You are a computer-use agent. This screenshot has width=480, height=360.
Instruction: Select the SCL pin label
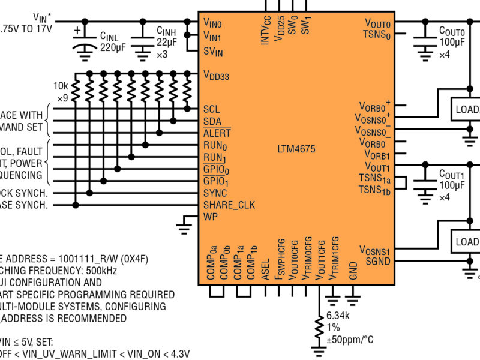pyautogui.click(x=211, y=109)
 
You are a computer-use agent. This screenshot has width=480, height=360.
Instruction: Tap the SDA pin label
pyautogui.click(x=212, y=121)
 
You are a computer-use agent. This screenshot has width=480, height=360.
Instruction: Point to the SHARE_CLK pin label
pyautogui.click(x=229, y=205)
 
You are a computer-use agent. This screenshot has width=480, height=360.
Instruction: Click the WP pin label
pyautogui.click(x=210, y=217)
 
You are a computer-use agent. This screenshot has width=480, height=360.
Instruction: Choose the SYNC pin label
pyautogui.click(x=215, y=193)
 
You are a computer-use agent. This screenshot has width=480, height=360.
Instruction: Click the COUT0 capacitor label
pyautogui.click(x=451, y=31)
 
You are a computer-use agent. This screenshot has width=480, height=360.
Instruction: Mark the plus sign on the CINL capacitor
pyautogui.click(x=77, y=29)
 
